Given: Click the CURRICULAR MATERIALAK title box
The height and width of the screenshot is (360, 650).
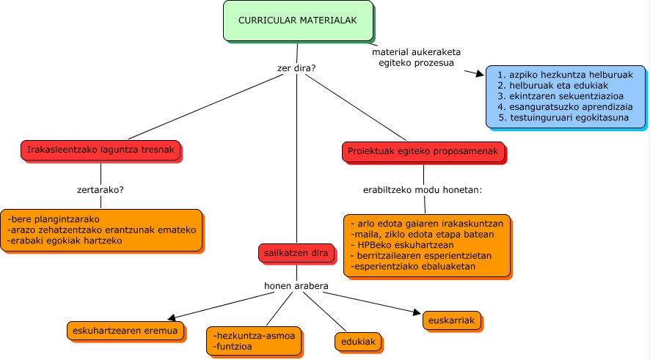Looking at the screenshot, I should (298, 21).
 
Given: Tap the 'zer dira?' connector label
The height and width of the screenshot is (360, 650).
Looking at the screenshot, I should (296, 70).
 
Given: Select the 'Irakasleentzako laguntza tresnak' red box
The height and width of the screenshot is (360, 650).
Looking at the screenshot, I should (100, 151).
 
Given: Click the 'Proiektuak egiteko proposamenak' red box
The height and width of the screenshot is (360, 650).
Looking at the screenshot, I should (423, 152).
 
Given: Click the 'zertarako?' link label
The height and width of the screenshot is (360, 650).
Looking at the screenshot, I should (101, 189).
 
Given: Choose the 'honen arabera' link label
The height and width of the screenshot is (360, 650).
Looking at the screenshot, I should (296, 285).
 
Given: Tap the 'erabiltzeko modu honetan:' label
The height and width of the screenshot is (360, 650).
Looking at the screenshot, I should (423, 190).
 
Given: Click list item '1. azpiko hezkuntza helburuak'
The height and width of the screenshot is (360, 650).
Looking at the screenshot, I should (565, 75).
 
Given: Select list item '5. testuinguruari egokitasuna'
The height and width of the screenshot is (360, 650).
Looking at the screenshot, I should (563, 117).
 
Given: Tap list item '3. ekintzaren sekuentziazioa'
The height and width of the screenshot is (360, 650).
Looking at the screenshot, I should (560, 96).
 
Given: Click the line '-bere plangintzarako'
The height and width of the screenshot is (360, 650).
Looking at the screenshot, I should (54, 219).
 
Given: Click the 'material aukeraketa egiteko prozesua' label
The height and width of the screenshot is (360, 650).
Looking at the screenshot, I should (417, 58).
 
